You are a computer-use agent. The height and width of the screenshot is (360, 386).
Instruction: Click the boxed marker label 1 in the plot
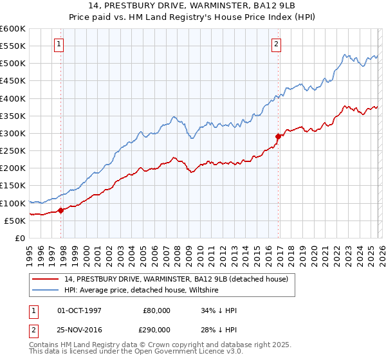click(59, 44)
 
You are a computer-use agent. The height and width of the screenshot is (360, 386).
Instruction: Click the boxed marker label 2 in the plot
click(276, 44)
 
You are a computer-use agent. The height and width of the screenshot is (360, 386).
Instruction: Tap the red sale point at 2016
click(279, 136)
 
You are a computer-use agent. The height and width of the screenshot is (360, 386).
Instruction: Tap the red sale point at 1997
click(61, 210)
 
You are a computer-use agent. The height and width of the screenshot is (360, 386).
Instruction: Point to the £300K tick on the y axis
click(13, 133)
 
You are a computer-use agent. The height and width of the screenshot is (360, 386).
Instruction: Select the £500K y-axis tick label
click(13, 64)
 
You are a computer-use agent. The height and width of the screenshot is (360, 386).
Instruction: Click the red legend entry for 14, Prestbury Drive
click(179, 279)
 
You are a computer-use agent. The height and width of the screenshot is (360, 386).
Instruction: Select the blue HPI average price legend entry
click(142, 290)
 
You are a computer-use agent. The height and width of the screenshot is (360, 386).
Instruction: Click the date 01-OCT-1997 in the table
click(79, 310)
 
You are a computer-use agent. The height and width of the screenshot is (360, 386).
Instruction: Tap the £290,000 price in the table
click(157, 328)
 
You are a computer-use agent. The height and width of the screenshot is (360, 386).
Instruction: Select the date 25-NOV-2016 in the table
click(80, 328)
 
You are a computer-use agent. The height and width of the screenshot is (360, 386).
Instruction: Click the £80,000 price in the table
click(157, 310)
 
